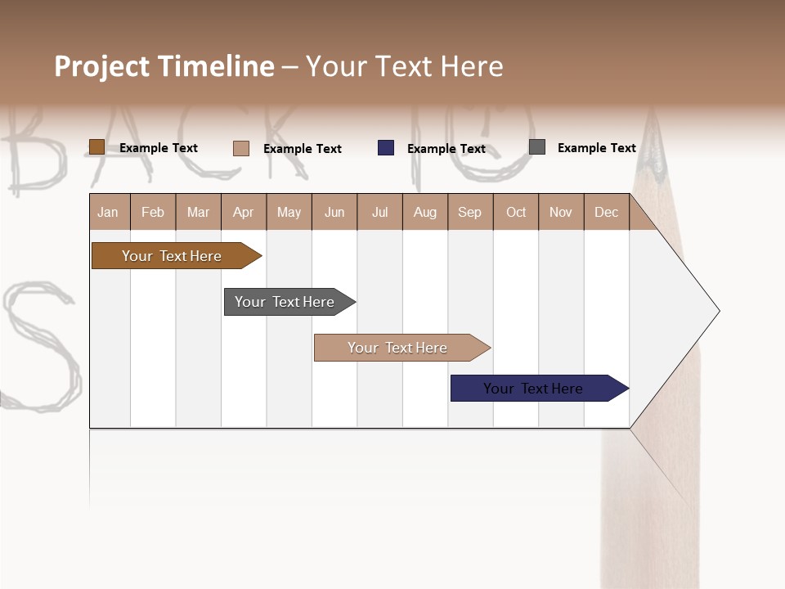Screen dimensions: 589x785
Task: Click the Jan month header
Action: pos(108,212)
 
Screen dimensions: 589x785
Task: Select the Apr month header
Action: pos(244,212)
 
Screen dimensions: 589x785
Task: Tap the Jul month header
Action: pos(379,212)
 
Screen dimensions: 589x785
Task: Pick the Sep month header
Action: pos(469,212)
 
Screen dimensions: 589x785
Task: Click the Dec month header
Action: pos(606,212)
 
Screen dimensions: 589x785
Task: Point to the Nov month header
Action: pos(560,212)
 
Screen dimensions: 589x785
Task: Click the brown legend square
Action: pos(96,147)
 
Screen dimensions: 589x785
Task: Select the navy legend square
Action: pos(386,148)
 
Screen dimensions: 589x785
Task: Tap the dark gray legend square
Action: pos(537,147)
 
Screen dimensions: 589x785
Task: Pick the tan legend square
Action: pos(241,148)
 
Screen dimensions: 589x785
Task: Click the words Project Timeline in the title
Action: pos(164,66)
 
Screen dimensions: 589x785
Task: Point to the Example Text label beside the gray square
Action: pos(596,148)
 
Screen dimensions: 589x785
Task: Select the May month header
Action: pos(289,212)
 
